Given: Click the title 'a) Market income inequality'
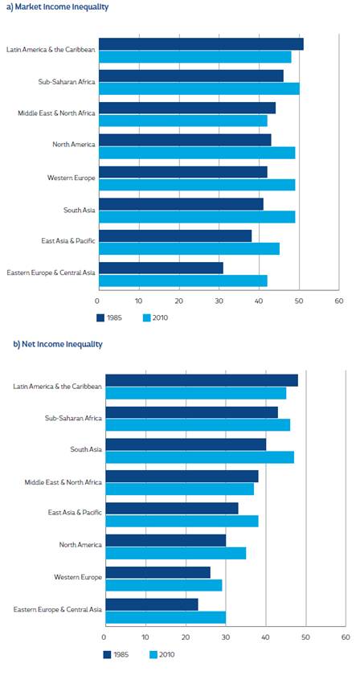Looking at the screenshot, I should (57, 7).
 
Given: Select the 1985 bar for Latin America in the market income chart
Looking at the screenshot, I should (201, 44).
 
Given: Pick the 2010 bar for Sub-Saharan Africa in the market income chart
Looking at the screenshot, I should (198, 88).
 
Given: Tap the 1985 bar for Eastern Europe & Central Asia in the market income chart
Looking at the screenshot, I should (161, 268).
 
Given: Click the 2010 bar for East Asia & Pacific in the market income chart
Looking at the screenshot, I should (189, 248).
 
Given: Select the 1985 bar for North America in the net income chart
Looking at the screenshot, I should (166, 540).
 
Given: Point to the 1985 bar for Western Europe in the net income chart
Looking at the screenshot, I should (157, 572).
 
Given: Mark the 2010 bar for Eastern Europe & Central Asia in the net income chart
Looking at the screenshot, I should (166, 617).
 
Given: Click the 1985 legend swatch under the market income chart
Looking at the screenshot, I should (101, 317).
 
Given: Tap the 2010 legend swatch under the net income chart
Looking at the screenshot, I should (155, 654).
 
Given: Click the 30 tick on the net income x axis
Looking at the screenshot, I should (225, 637).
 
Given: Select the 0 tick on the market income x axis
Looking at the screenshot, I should (98, 300).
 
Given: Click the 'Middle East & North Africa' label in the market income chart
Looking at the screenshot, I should (56, 113).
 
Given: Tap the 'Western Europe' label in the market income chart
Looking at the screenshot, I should (72, 178).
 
